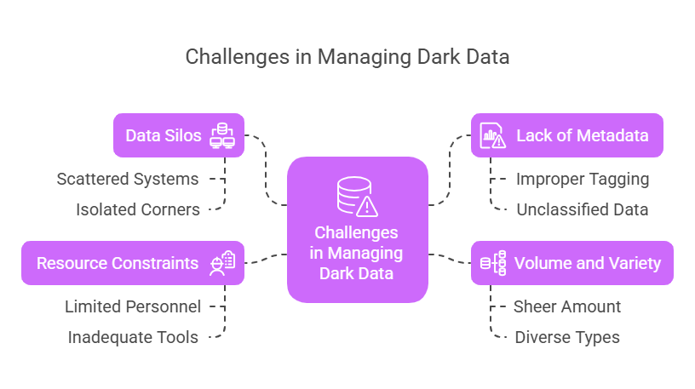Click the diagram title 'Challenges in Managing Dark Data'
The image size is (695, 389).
click(x=347, y=57)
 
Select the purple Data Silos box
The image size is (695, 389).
click(x=179, y=135)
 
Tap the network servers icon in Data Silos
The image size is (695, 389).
click(x=222, y=135)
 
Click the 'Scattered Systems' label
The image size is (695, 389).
click(x=128, y=180)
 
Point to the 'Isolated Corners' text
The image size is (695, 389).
click(x=137, y=209)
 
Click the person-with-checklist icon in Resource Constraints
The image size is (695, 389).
click(x=222, y=263)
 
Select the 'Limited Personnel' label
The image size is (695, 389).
click(x=133, y=306)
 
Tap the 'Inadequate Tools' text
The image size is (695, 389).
click(x=133, y=337)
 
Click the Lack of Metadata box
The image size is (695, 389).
click(x=566, y=135)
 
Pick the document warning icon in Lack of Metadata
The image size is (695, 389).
click(x=491, y=135)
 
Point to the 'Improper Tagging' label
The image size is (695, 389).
click(x=583, y=180)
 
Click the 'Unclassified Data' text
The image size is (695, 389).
click(x=582, y=209)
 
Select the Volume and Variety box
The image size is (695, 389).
click(x=572, y=263)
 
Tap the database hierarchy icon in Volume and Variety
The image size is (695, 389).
click(x=493, y=263)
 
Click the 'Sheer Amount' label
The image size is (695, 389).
click(x=566, y=306)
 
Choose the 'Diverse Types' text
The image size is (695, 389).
click(x=566, y=337)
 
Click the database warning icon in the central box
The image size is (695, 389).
click(x=357, y=196)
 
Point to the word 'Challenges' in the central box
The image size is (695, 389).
click(x=356, y=232)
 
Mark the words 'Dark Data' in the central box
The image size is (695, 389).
click(x=356, y=273)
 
